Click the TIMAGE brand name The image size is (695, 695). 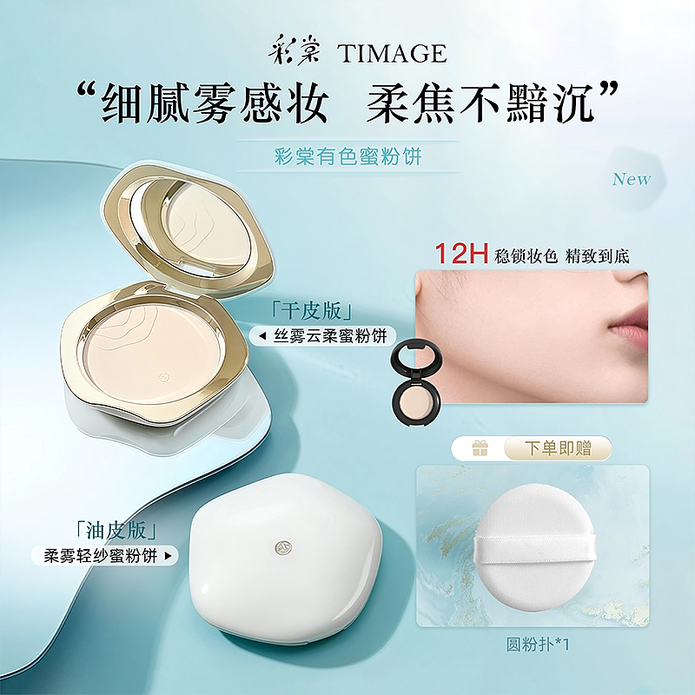tap(392, 54)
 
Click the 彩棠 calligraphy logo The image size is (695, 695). tap(294, 52)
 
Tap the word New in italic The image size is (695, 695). tap(632, 179)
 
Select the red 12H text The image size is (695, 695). tap(461, 254)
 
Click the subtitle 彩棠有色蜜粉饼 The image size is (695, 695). tap(347, 157)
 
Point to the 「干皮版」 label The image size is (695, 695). tap(313, 312)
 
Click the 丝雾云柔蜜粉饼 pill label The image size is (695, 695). tap(321, 336)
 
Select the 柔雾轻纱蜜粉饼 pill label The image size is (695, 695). tap(104, 556)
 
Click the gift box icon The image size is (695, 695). tap(480, 449)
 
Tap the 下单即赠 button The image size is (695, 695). tap(558, 448)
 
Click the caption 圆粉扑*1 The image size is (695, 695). tap(538, 645)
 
